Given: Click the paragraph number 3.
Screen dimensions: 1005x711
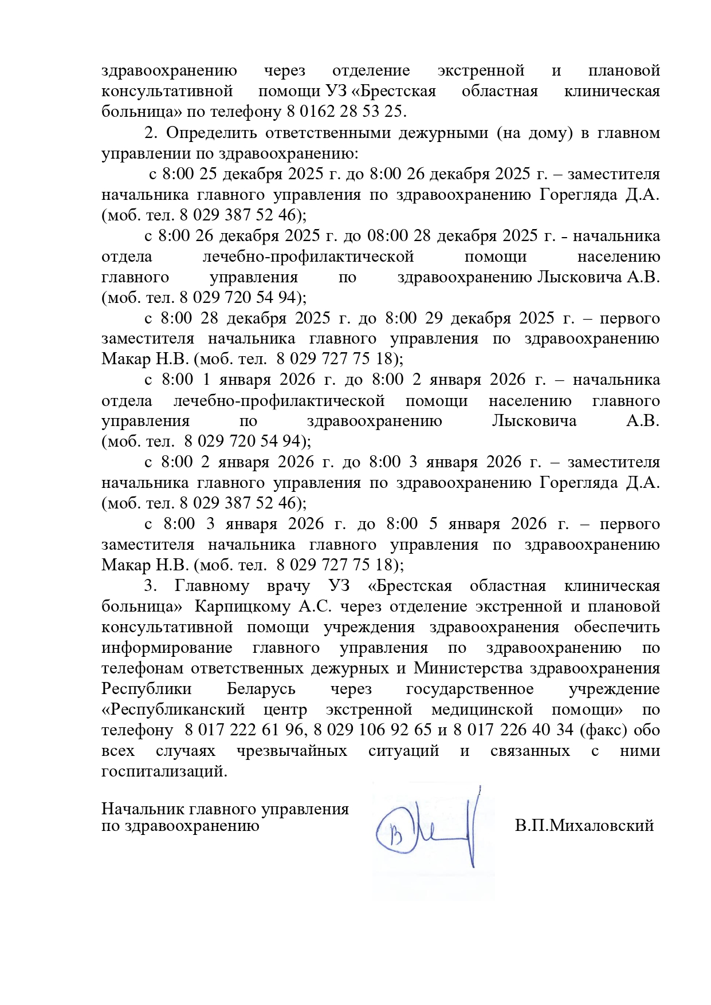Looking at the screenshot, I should (x=150, y=586).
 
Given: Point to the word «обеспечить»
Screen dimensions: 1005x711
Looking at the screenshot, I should (x=616, y=627).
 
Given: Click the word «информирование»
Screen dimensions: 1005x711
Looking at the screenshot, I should (x=167, y=648).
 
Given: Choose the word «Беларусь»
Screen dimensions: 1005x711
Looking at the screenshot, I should (x=261, y=689).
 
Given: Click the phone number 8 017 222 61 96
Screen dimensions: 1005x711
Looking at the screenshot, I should (x=245, y=730).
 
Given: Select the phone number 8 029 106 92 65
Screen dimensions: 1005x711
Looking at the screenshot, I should (x=372, y=730).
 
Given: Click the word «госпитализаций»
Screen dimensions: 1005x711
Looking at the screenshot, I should (x=164, y=771).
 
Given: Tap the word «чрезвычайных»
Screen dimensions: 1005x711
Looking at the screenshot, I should (x=291, y=751).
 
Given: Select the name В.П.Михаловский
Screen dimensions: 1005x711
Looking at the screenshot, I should (x=584, y=826).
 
